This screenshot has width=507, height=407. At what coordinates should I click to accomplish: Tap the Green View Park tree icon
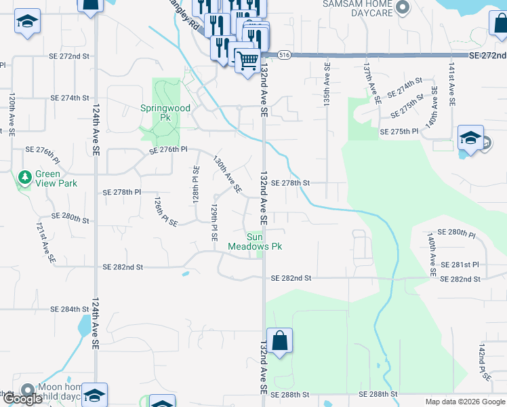click(26, 178)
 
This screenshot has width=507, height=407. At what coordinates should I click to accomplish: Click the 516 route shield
click(284, 55)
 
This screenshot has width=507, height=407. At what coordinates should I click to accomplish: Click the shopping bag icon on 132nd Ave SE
click(279, 342)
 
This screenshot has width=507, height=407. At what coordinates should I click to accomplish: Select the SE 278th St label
click(290, 183)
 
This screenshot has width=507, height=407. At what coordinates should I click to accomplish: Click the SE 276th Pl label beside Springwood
click(163, 149)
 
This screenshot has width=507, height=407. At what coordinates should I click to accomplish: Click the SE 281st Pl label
click(460, 265)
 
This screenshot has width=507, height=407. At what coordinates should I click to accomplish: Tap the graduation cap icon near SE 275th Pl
click(470, 138)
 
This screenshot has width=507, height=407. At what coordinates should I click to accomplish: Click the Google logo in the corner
click(22, 400)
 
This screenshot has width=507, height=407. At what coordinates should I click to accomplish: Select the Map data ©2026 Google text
click(464, 402)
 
